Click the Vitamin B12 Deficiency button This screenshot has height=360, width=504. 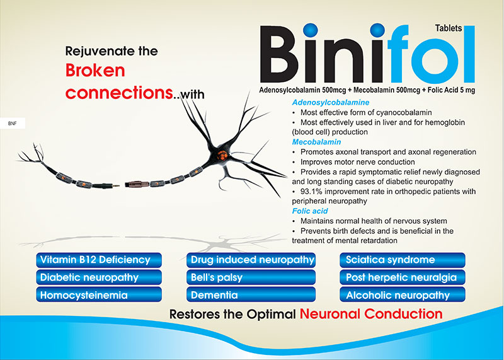pyautogui.click(x=95, y=260)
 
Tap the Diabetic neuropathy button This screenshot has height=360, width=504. pyautogui.click(x=95, y=277)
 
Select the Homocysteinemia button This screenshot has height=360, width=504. pyautogui.click(x=95, y=294)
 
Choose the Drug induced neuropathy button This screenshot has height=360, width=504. pyautogui.click(x=252, y=260)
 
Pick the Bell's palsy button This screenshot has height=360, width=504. pyautogui.click(x=252, y=277)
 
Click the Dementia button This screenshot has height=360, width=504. pyautogui.click(x=252, y=294)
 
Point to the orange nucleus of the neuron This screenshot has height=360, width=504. pyautogui.click(x=220, y=154)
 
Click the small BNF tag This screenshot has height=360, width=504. pyautogui.click(x=12, y=124)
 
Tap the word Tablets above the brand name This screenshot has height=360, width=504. pyautogui.click(x=448, y=28)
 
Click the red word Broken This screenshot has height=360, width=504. pyautogui.click(x=95, y=70)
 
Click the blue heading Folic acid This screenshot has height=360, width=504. pyautogui.click(x=311, y=211)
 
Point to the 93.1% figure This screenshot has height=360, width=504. pyautogui.click(x=313, y=191)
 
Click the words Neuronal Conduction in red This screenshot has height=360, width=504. pyautogui.click(x=371, y=313)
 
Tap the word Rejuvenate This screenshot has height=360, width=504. pyautogui.click(x=98, y=50)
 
